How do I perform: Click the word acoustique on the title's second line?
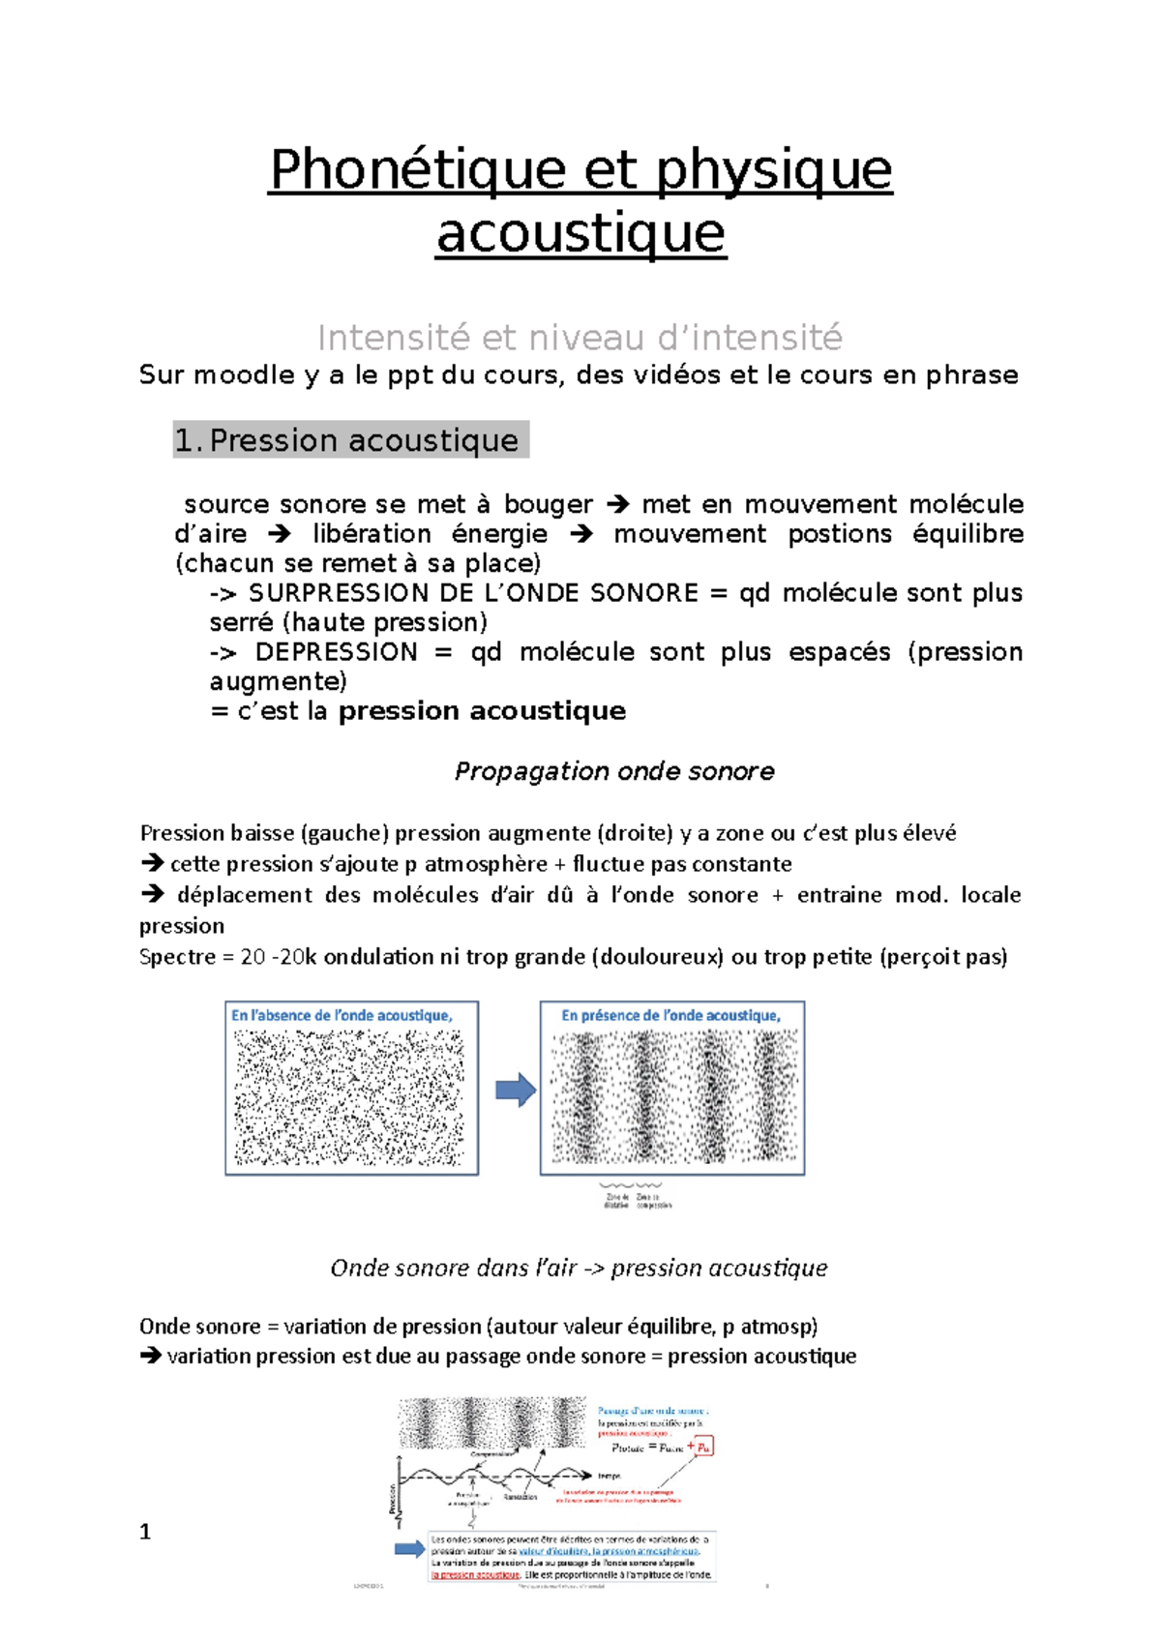pyautogui.click(x=580, y=233)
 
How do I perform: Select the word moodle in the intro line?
pyautogui.click(x=245, y=375)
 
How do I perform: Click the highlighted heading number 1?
pyautogui.click(x=187, y=440)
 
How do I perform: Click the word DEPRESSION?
pyautogui.click(x=336, y=651)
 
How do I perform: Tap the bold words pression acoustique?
pyautogui.click(x=481, y=711)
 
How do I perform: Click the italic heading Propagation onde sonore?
pyautogui.click(x=613, y=771)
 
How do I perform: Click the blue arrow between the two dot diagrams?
pyautogui.click(x=516, y=1090)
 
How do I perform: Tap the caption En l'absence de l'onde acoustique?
pyautogui.click(x=341, y=1015)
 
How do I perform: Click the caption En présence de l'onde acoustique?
pyautogui.click(x=670, y=1015)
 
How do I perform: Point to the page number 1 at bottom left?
pyautogui.click(x=145, y=1532)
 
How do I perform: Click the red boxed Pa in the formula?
pyautogui.click(x=703, y=1448)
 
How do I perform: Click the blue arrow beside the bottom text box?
pyautogui.click(x=410, y=1549)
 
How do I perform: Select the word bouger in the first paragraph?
pyautogui.click(x=548, y=504)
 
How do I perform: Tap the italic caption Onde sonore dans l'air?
pyautogui.click(x=453, y=1268)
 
